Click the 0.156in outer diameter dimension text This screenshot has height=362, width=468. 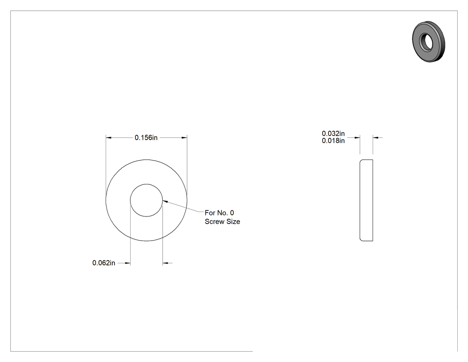point(146,137)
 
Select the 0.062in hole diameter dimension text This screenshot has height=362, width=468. point(103,263)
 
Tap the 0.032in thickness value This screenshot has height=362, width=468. point(333,133)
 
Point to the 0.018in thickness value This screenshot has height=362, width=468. point(333,141)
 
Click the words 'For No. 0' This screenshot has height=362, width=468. point(219,213)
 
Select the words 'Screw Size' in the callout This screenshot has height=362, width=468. point(222,221)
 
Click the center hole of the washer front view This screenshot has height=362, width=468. point(146,200)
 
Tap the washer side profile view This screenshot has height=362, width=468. point(366,200)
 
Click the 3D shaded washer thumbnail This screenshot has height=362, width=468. point(429,42)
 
